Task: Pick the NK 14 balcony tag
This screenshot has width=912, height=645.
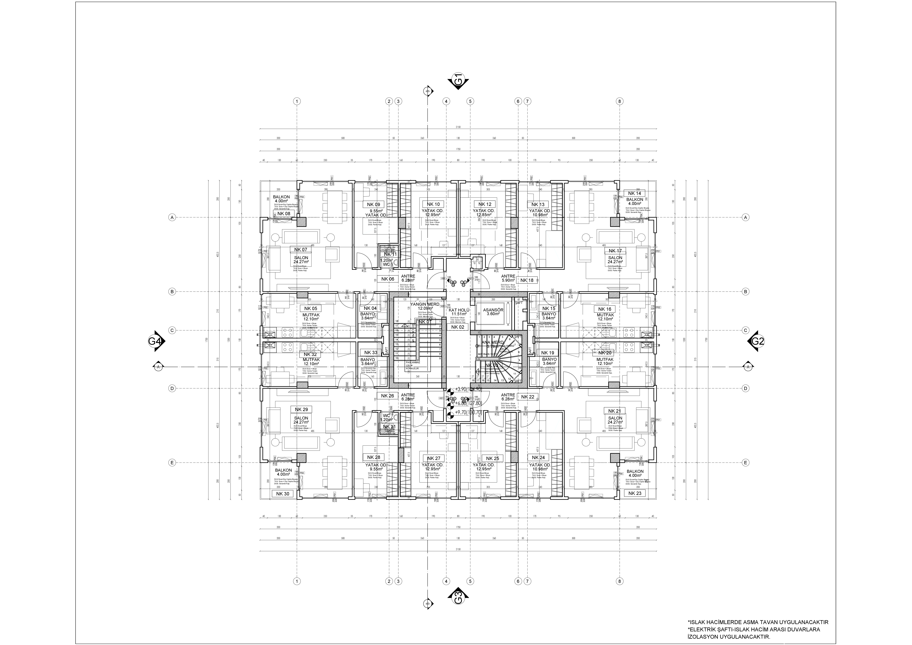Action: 634,193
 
